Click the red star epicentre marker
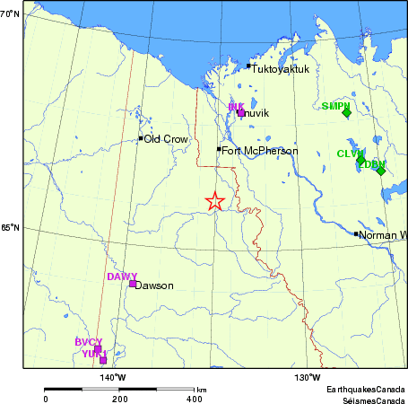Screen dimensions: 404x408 [214, 201]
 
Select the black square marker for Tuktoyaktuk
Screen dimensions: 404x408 [248, 66]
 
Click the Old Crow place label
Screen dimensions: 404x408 [164, 138]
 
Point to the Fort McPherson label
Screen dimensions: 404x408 [259, 151]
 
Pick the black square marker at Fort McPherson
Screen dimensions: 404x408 [219, 149]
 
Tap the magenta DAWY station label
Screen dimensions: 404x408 [122, 277]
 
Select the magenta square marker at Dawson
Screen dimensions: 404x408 [133, 284]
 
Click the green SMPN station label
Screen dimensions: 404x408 [335, 106]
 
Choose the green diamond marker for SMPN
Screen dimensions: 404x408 [346, 112]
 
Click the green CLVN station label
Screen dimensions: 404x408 [351, 154]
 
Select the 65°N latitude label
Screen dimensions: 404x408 [10, 228]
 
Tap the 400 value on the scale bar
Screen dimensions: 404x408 [195, 398]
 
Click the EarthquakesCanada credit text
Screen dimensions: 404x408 [364, 389]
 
